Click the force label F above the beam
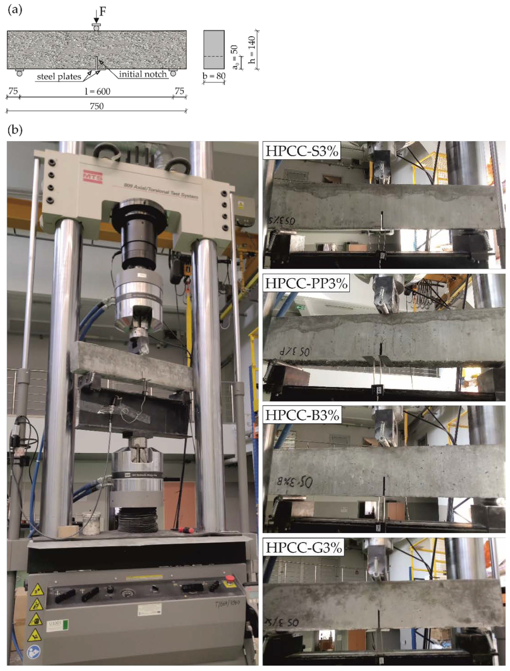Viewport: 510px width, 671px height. (x=103, y=12)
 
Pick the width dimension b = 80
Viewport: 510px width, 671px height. (x=214, y=76)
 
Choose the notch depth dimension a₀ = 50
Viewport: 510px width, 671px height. (x=235, y=57)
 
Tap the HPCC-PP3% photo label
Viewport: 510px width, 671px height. (x=306, y=283)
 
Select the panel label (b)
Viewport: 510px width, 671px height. (x=15, y=130)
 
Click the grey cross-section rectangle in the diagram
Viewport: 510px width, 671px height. (x=214, y=50)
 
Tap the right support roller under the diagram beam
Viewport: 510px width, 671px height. (x=173, y=73)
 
